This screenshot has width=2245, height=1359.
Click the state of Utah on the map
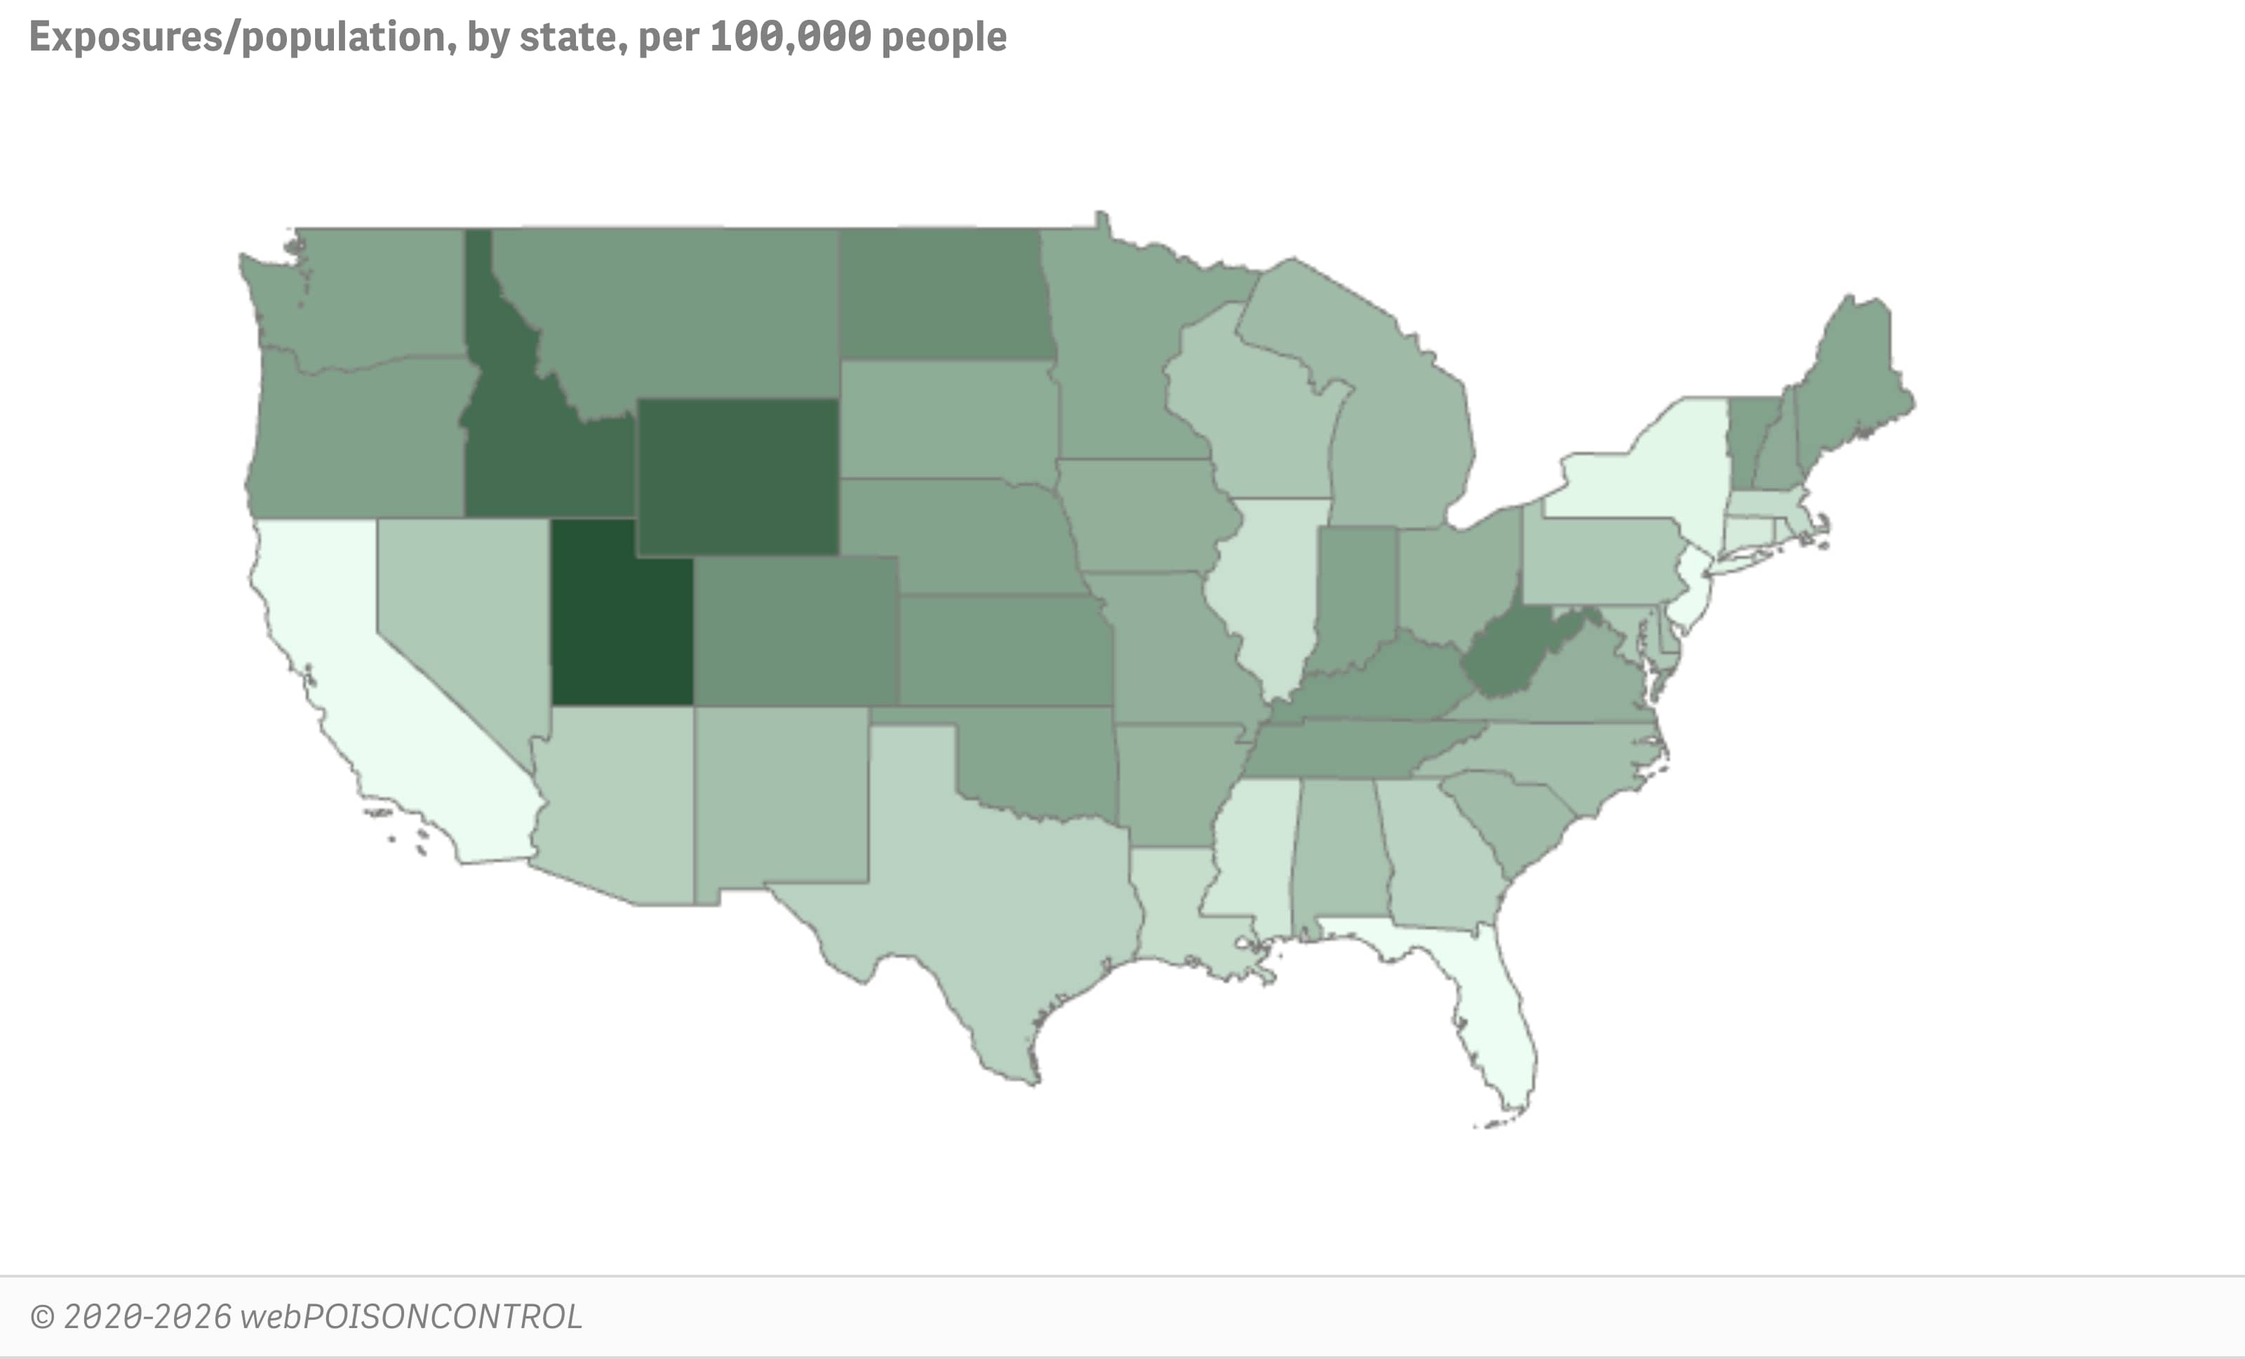[x=622, y=620]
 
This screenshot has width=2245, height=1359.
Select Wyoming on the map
[x=736, y=476]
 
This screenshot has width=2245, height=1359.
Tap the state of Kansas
[x=1003, y=649]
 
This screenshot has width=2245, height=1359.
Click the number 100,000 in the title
[x=790, y=37]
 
